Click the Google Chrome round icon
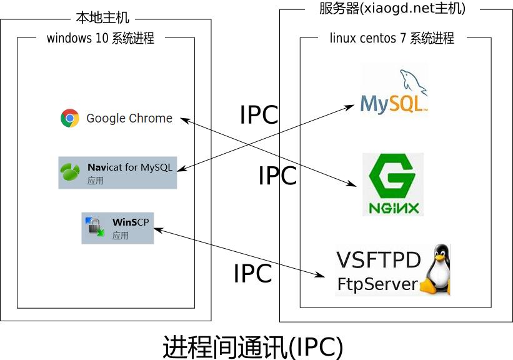[70, 118]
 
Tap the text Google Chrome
[129, 118]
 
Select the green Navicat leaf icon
[69, 171]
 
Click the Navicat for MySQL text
[129, 167]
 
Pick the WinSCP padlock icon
[95, 227]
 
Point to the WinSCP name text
[130, 222]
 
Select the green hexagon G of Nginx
[393, 177]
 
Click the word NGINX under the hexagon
[393, 207]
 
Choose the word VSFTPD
[379, 260]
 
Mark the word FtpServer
[377, 284]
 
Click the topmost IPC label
[259, 115]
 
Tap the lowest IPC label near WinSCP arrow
[252, 274]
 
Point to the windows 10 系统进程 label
[100, 38]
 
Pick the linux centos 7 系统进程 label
[392, 38]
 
